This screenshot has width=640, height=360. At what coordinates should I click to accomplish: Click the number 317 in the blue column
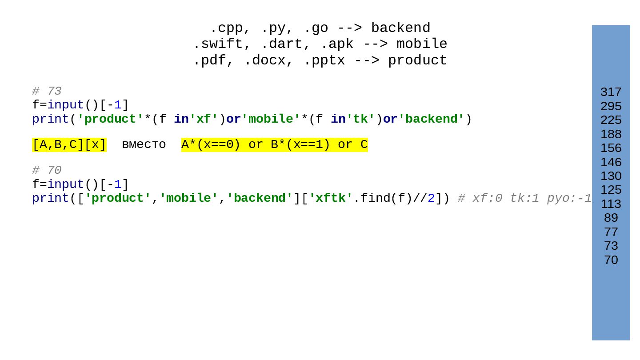click(x=611, y=92)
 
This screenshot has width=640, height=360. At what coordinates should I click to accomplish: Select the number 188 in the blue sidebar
click(x=611, y=134)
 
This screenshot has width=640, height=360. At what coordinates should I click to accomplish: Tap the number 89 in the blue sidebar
click(x=611, y=218)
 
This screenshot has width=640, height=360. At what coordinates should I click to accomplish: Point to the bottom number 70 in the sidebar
click(x=611, y=260)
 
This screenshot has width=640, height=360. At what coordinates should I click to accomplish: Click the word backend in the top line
click(x=400, y=28)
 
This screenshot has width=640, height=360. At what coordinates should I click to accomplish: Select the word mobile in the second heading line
click(x=421, y=44)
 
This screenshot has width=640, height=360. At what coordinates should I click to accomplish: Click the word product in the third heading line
click(x=417, y=60)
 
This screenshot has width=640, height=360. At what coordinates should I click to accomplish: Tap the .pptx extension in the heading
click(x=324, y=60)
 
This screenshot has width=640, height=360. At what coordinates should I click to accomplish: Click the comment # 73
click(x=47, y=91)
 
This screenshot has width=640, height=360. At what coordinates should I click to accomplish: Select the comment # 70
click(x=47, y=170)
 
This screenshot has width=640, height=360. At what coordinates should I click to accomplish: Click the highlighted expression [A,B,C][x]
click(x=69, y=145)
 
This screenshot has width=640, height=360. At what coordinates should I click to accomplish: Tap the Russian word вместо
click(x=144, y=145)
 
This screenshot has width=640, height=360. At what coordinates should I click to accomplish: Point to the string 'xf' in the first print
click(x=204, y=119)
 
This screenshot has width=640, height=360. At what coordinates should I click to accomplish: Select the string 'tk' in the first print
click(x=360, y=119)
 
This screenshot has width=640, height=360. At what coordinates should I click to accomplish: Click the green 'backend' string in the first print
click(x=431, y=119)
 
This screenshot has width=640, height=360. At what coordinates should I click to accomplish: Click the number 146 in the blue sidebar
click(x=611, y=162)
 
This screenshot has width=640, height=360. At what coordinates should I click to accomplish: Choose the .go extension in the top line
click(x=316, y=28)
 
